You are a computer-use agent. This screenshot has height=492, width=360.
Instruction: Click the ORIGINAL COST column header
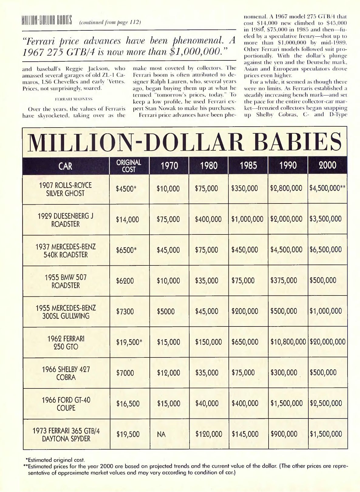tap(129, 166)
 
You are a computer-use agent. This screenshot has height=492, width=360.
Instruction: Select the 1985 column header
tap(248, 166)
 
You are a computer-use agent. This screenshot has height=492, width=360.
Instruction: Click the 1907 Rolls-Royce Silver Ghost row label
tap(65, 189)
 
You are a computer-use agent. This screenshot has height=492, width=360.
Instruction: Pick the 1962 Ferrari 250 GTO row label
tap(66, 343)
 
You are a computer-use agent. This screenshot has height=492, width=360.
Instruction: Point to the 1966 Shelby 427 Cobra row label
tap(66, 373)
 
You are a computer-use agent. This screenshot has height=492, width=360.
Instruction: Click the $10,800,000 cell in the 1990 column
tap(288, 342)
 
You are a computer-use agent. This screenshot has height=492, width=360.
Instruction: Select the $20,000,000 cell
tap(327, 342)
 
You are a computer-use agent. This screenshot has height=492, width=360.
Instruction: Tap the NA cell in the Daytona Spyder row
tap(161, 435)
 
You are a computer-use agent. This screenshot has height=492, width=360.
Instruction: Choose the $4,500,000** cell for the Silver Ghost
tap(327, 188)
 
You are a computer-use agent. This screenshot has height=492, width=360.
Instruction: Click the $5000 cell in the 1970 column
tap(166, 311)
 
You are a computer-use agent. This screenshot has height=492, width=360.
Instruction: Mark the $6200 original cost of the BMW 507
tap(125, 281)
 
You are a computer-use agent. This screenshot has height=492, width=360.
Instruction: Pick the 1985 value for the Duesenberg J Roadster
tap(247, 219)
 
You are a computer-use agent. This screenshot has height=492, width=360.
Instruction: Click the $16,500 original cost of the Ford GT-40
tap(128, 404)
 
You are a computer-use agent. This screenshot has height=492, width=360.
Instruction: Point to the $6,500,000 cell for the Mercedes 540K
tap(326, 250)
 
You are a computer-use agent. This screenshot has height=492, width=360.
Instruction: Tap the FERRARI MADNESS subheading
tap(74, 99)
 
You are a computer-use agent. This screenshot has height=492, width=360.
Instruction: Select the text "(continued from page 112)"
tap(110, 22)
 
